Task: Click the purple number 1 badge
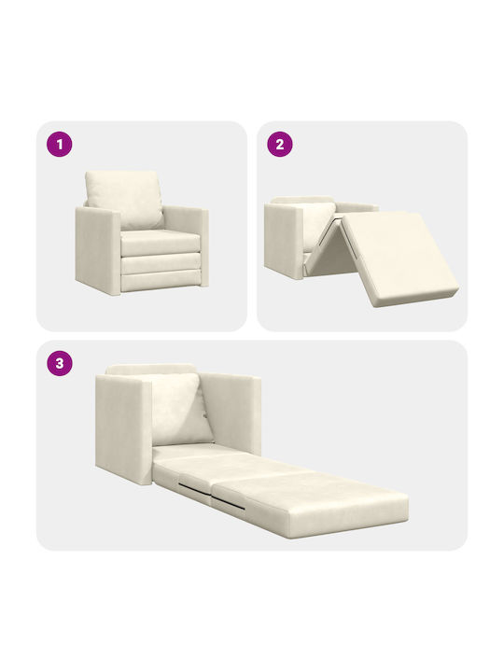60,144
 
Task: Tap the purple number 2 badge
280,144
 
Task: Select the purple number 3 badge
60,363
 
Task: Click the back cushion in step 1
124,199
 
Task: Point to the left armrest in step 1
98,251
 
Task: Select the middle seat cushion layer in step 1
161,263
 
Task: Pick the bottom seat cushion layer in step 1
161,281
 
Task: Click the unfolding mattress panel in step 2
400,258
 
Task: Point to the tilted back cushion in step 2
319,225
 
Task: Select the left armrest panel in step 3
123,428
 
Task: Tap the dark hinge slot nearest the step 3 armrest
194,487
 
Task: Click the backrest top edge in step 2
303,200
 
